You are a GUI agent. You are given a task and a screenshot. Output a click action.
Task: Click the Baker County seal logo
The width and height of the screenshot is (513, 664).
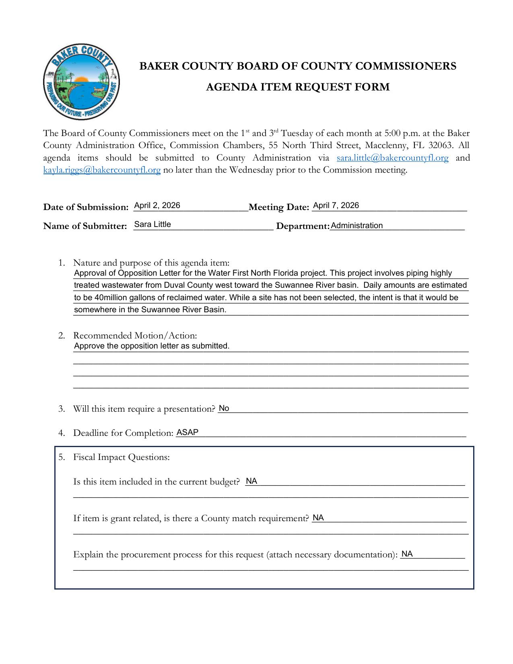[81, 82]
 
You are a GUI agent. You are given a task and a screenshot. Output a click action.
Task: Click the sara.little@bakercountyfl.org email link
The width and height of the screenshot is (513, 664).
[392, 158]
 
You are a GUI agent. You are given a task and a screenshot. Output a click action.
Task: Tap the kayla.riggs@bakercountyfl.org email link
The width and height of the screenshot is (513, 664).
[102, 170]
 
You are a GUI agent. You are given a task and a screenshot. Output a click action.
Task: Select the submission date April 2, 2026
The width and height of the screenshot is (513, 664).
[157, 206]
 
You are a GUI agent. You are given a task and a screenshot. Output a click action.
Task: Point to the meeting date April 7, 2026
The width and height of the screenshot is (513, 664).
[336, 206]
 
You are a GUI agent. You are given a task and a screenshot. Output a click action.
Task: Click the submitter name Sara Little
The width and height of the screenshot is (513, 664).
[152, 225]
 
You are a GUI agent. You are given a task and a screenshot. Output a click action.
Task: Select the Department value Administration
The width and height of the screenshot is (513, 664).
[356, 226]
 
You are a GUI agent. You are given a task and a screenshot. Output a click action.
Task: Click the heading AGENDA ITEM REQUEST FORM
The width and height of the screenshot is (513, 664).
[297, 87]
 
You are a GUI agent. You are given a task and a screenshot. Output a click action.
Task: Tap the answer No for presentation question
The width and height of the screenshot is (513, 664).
[224, 408]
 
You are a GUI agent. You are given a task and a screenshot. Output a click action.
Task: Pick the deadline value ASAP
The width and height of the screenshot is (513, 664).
[187, 433]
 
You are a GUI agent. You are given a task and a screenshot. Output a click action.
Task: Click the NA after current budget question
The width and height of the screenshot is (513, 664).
[251, 481]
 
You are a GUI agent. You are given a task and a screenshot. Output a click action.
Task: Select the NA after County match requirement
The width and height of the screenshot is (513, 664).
[318, 518]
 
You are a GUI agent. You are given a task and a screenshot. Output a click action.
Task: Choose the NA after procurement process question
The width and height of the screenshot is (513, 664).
[407, 554]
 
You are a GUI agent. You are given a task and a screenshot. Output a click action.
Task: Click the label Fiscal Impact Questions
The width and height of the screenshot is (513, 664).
[121, 457]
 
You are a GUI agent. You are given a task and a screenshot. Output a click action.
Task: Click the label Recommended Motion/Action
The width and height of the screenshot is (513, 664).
[135, 336]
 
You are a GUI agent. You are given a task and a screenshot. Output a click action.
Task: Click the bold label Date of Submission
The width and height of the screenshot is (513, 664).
[85, 207]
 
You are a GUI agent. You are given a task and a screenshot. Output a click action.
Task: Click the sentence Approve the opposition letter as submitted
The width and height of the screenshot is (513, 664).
[152, 346]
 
